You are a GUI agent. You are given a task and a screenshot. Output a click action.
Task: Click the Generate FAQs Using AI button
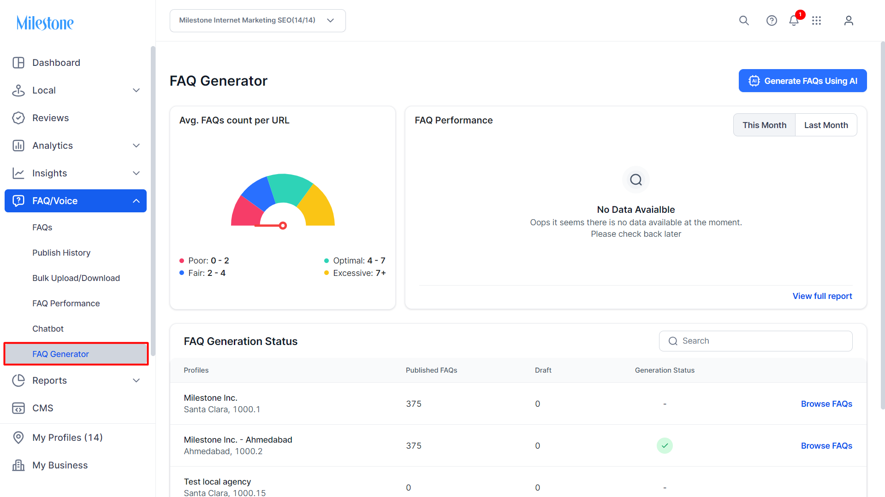[802, 81]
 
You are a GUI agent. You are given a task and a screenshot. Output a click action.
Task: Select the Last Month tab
[826, 125]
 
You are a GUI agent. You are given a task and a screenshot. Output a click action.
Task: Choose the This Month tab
[764, 125]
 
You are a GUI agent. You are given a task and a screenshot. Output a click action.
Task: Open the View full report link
[822, 296]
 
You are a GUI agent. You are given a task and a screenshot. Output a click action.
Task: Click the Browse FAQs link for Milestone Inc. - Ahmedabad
[826, 446]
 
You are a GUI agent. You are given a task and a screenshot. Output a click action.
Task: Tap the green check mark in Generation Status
[665, 445]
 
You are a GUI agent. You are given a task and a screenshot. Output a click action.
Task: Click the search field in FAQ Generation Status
[755, 341]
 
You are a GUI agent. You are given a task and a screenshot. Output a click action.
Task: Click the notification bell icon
[794, 20]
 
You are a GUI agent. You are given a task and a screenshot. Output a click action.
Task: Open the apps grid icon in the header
[816, 20]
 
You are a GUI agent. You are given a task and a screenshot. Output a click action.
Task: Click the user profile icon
[849, 20]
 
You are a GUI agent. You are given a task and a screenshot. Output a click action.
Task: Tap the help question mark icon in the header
[772, 20]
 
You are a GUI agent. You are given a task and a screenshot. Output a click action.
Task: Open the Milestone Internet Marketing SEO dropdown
[257, 21]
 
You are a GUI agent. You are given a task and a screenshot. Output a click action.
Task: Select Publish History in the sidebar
[61, 253]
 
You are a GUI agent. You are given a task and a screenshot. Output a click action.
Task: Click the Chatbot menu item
[48, 329]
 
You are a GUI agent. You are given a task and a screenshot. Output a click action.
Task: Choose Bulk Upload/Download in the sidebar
[76, 278]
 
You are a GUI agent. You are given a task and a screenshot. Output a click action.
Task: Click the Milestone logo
[45, 23]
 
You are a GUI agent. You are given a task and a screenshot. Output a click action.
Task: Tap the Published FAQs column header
[431, 370]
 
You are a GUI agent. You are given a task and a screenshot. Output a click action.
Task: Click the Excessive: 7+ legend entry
[355, 273]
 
